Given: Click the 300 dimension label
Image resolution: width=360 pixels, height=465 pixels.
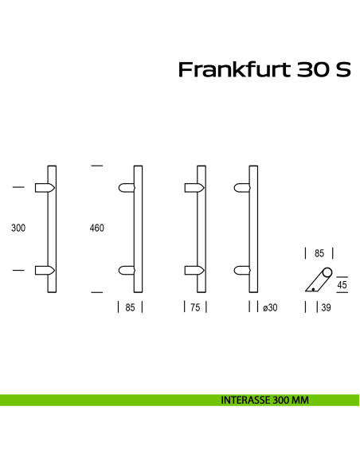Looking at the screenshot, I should point(19,229).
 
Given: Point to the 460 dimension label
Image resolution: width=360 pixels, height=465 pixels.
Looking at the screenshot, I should point(97,229).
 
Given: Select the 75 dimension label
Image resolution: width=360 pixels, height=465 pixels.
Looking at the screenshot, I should point(195,307).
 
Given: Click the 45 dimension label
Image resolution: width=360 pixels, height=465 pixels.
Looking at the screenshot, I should point(342,284).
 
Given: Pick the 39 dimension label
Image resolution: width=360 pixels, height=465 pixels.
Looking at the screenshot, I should point(327,307).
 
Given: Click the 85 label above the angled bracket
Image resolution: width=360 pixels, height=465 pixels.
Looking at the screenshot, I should point(319,254).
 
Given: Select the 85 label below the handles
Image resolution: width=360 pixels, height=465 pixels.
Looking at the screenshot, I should point(130,307).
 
